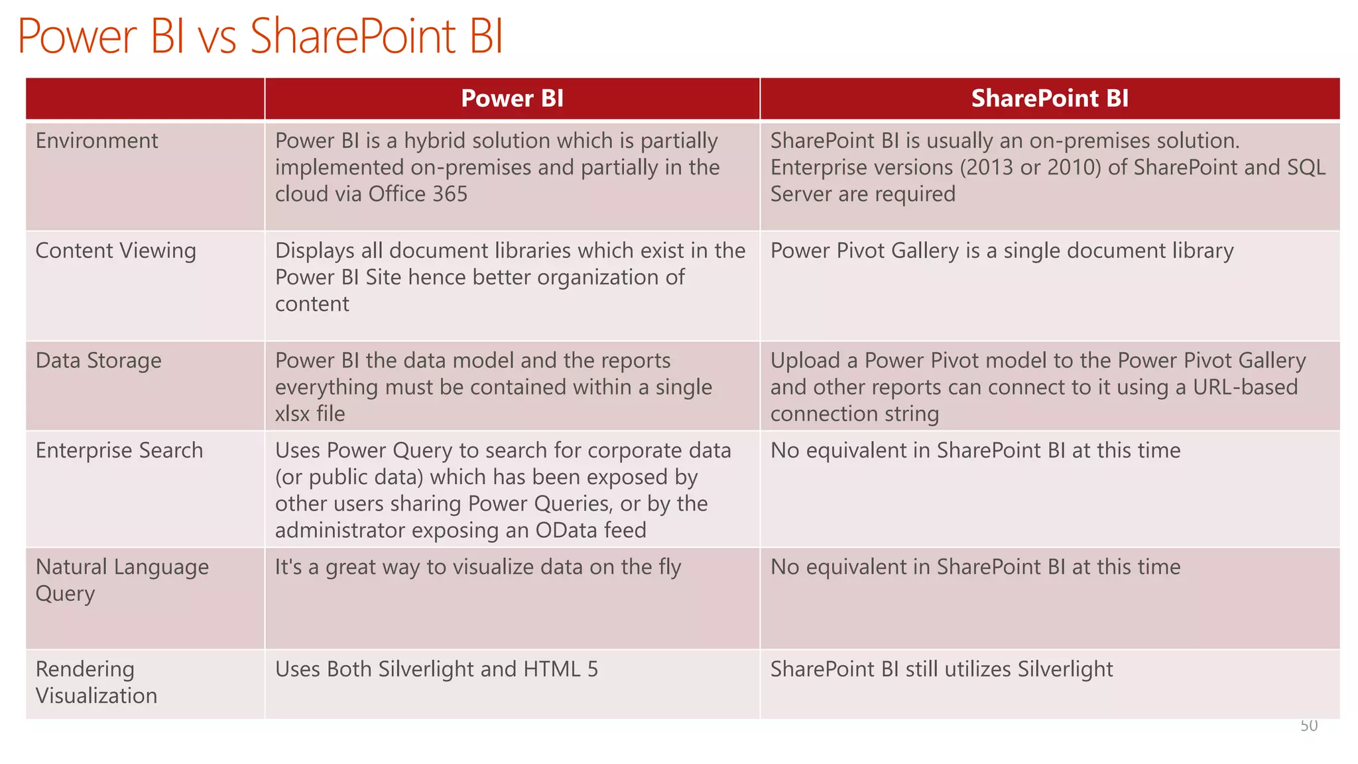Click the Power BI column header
click(512, 98)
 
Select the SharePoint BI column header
click(1050, 98)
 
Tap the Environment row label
click(97, 141)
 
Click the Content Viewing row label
click(115, 251)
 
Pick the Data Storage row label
click(98, 360)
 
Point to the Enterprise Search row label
click(119, 450)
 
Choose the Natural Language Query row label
click(122, 580)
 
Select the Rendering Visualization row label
click(96, 682)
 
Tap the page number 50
click(1308, 726)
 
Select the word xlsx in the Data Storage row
click(292, 414)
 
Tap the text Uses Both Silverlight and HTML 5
click(436, 669)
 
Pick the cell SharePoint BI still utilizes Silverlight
click(941, 669)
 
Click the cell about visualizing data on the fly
click(477, 567)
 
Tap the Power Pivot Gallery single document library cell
click(1001, 251)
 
